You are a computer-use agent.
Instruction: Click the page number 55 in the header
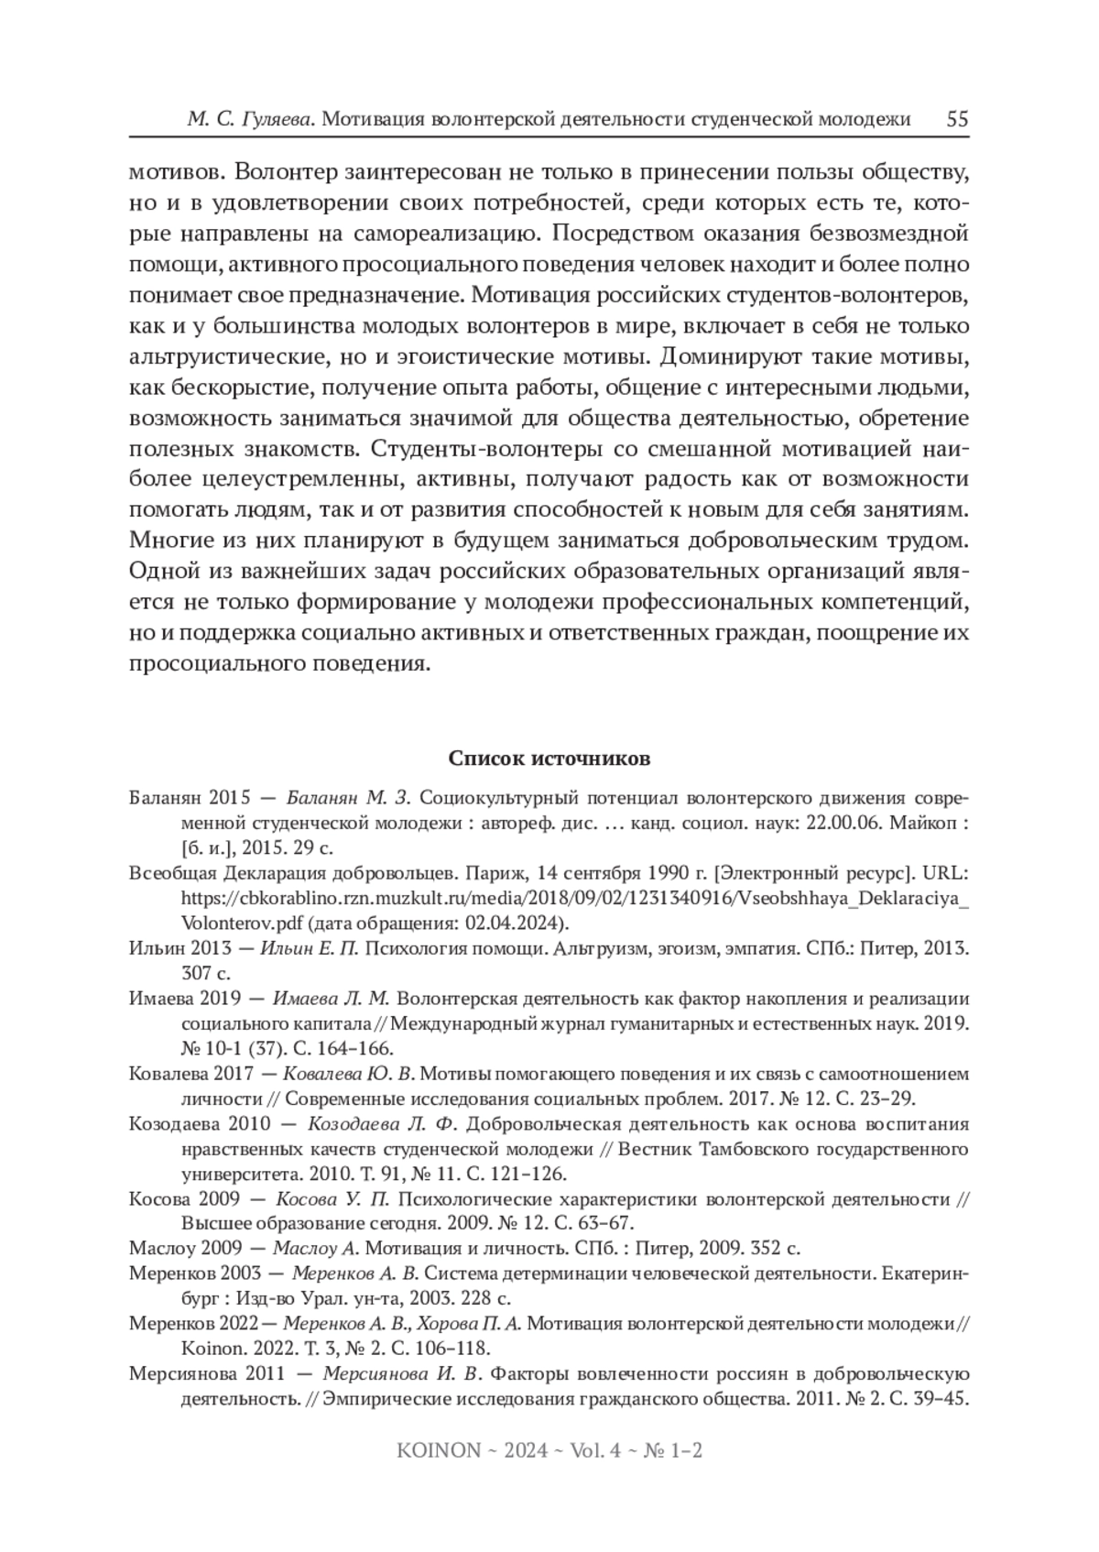(x=957, y=120)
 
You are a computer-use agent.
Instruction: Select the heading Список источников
(x=549, y=759)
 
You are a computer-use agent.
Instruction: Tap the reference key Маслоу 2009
(x=186, y=1248)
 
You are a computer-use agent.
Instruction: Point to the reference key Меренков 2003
(x=196, y=1273)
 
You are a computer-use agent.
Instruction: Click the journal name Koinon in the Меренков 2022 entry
(x=209, y=1349)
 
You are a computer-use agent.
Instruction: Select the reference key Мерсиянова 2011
(x=206, y=1374)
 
